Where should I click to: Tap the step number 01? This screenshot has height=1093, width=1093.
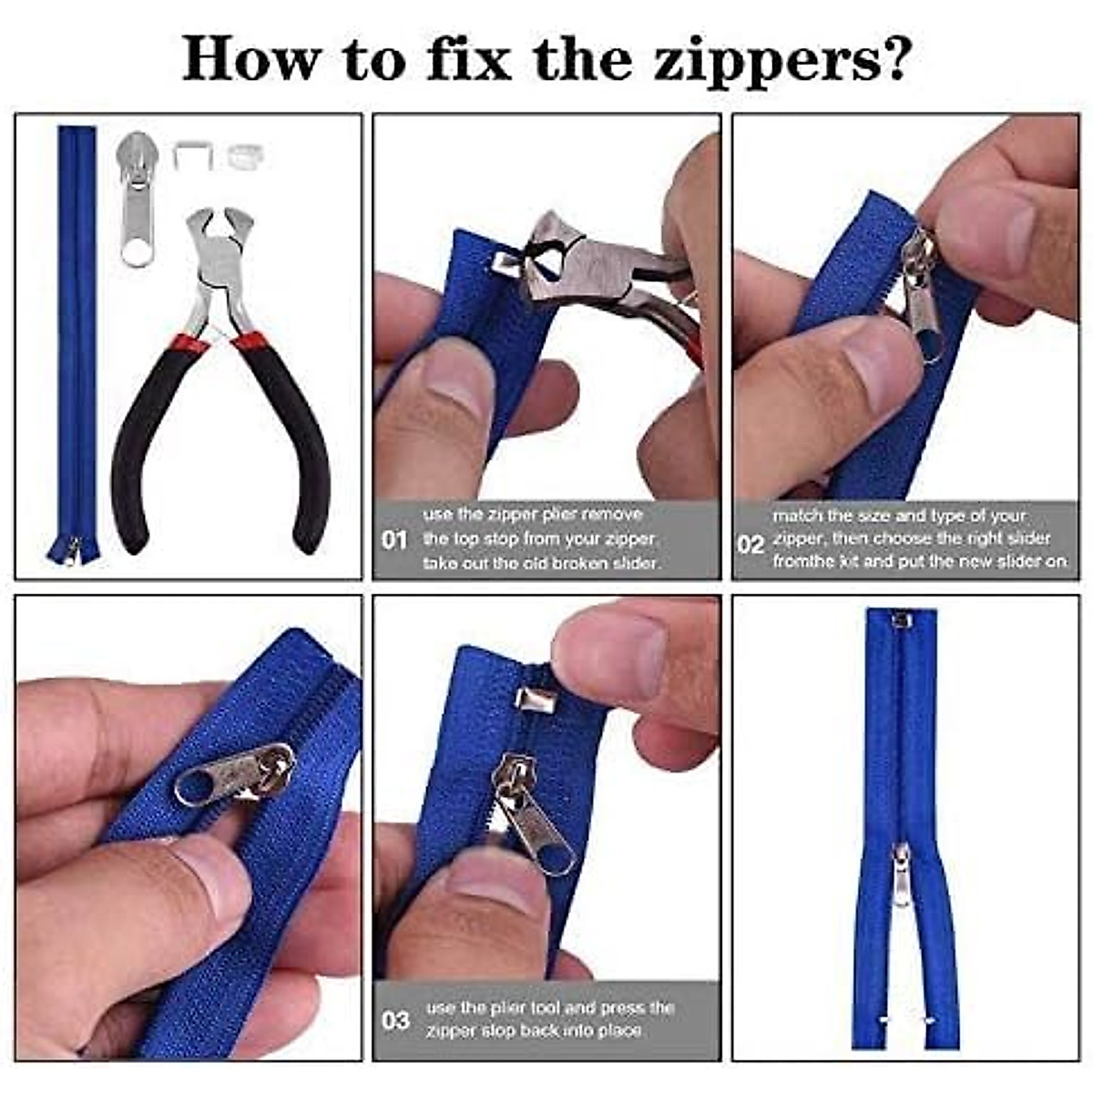(x=393, y=540)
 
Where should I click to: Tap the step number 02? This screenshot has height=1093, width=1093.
(x=751, y=544)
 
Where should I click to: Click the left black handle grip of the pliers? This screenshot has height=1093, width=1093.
(x=137, y=455)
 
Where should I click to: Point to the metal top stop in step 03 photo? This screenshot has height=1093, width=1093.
(x=530, y=700)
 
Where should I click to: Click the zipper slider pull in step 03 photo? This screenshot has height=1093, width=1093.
(x=542, y=833)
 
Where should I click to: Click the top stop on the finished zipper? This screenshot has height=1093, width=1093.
(x=901, y=621)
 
